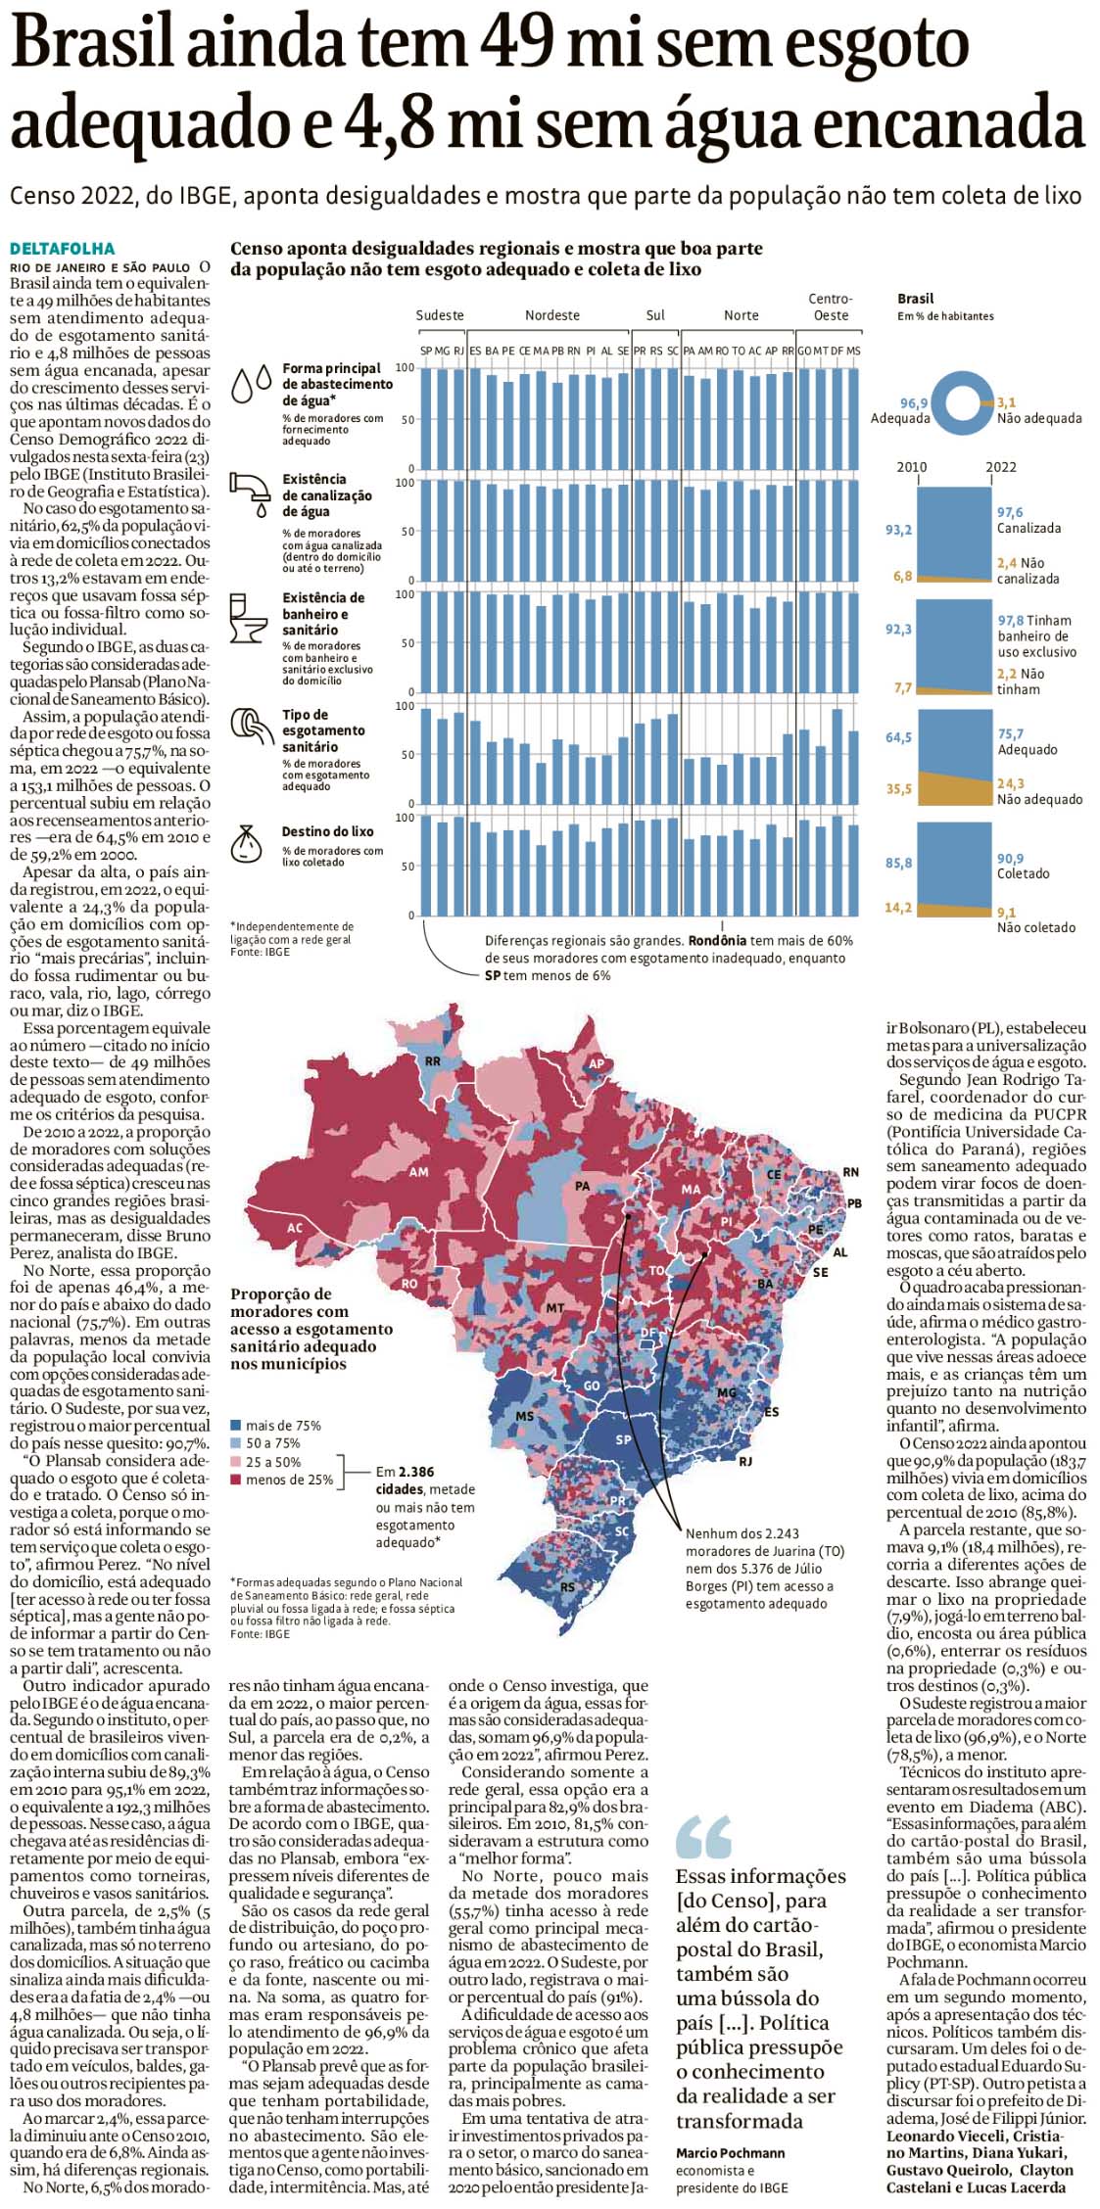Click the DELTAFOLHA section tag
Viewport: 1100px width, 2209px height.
coord(63,249)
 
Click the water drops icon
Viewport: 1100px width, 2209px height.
coord(251,384)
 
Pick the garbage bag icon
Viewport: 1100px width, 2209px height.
coord(247,843)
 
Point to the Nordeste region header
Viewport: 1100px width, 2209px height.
coord(551,315)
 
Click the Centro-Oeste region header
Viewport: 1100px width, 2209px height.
coord(830,306)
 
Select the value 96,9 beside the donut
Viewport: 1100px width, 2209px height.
coord(914,402)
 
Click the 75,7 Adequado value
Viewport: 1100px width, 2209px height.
coord(1010,733)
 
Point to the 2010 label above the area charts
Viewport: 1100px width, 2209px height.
coord(911,467)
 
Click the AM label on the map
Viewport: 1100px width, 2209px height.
coord(418,1172)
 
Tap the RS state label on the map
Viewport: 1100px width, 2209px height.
coord(567,1587)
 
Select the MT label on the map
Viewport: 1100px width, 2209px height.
coord(554,1308)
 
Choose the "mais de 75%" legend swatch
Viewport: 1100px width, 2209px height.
coord(236,1426)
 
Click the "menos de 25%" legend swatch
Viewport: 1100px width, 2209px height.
coord(236,1480)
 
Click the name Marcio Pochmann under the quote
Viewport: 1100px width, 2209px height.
coord(730,2153)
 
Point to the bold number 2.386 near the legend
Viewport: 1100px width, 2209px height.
coord(416,1472)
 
